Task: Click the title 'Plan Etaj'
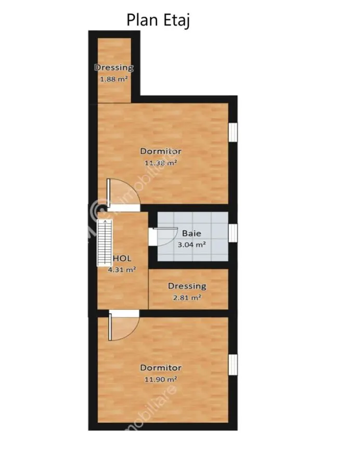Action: coord(158,21)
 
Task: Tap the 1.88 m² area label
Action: coord(114,80)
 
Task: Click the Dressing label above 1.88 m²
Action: coord(114,68)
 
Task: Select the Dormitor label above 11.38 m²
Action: coord(161,151)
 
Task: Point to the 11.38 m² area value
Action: coord(161,163)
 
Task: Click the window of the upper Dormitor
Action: coord(233,132)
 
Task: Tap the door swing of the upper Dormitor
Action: coord(123,193)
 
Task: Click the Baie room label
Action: coord(191,233)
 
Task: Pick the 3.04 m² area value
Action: coord(191,245)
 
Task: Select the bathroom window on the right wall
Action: coord(233,233)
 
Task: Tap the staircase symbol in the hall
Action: coord(105,243)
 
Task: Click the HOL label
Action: coord(122,258)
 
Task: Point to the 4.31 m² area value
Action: coord(122,270)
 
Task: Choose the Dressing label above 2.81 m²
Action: coord(187,286)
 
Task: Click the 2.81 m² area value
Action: coord(187,297)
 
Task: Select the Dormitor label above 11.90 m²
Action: coord(161,368)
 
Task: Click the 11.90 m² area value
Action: coord(161,380)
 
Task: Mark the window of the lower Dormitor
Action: coord(233,365)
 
